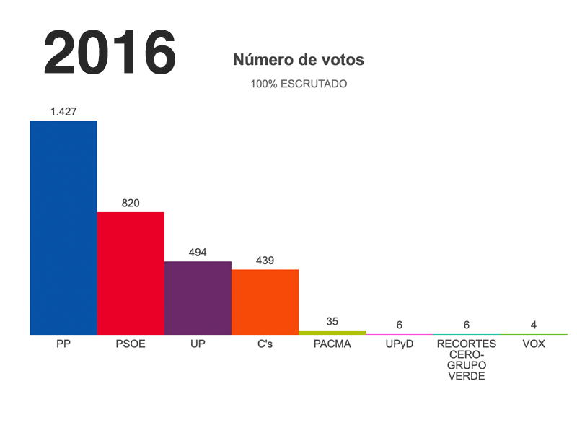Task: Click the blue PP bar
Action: click(63, 227)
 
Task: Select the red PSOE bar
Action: click(131, 273)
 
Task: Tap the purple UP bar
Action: click(198, 297)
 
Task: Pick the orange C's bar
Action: click(265, 302)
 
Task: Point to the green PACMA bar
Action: click(332, 333)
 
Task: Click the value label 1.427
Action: click(63, 111)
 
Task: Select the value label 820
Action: click(131, 203)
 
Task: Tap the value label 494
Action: click(198, 252)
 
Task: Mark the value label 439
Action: click(265, 260)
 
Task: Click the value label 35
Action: click(332, 321)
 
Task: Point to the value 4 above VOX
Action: click(534, 325)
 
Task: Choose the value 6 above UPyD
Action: click(399, 325)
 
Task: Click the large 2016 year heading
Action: click(110, 53)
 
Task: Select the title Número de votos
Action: click(299, 61)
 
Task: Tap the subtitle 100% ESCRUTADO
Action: click(299, 84)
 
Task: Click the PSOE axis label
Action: click(131, 344)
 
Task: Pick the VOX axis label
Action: click(534, 344)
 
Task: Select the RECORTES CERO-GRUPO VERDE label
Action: click(467, 360)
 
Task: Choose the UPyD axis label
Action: click(399, 344)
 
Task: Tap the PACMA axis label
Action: click(332, 344)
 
